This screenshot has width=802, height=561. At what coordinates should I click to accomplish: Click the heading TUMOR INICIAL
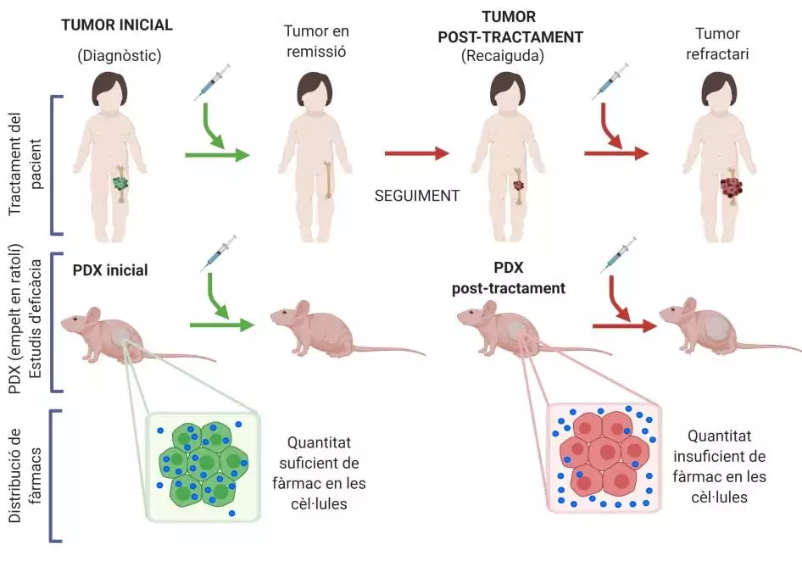pyautogui.click(x=117, y=25)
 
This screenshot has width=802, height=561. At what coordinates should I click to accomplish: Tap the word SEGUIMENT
pyautogui.click(x=417, y=196)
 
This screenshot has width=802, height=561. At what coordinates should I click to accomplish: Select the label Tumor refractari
pyautogui.click(x=717, y=44)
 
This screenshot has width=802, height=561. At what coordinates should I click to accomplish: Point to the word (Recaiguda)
pyautogui.click(x=502, y=56)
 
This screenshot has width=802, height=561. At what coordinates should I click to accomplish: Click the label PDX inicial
pyautogui.click(x=110, y=270)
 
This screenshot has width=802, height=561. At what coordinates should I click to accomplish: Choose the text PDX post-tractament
pyautogui.click(x=509, y=278)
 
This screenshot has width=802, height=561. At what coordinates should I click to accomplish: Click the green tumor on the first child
pyautogui.click(x=120, y=183)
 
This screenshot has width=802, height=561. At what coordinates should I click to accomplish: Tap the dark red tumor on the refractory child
pyautogui.click(x=731, y=187)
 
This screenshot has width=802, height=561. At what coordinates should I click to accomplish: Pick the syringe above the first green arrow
pyautogui.click(x=212, y=82)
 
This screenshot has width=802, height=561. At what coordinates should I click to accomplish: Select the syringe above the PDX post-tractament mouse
pyautogui.click(x=617, y=255)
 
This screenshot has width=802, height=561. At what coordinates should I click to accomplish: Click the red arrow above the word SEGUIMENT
pyautogui.click(x=416, y=153)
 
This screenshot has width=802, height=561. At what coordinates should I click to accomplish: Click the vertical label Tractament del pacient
pyautogui.click(x=25, y=164)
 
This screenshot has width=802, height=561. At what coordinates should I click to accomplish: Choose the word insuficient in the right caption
pyautogui.click(x=719, y=456)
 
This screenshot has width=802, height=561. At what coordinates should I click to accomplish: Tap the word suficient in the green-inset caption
pyautogui.click(x=319, y=464)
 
